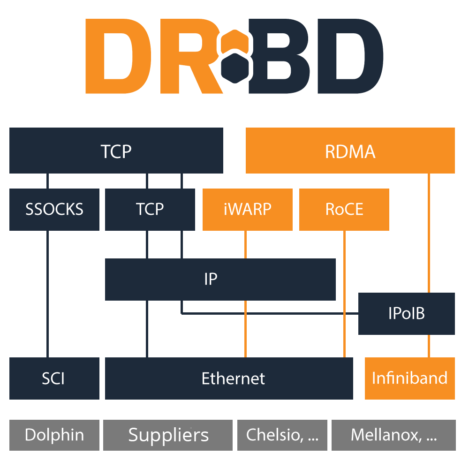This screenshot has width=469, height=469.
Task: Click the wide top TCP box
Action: point(116,151)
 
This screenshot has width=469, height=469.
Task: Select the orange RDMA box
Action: point(350,151)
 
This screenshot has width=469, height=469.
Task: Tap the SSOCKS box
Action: point(54,209)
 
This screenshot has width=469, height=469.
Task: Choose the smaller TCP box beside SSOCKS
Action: point(150,209)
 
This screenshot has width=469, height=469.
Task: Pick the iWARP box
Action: point(247,209)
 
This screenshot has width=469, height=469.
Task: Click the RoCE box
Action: point(344,209)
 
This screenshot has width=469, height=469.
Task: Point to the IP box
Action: point(220,280)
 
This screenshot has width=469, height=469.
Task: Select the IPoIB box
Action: point(407,313)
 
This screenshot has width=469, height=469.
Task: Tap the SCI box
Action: point(54,378)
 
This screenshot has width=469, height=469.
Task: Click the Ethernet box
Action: point(229,378)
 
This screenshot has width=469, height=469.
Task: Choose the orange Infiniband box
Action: point(410,378)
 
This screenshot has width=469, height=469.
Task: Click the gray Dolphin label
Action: point(54,435)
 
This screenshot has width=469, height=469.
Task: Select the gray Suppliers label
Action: point(168,435)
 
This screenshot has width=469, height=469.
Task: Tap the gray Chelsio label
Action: point(282,435)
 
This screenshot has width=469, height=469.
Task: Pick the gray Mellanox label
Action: point(393,435)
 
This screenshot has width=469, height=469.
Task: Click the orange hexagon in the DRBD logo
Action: point(235,42)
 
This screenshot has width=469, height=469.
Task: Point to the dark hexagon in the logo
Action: point(235,68)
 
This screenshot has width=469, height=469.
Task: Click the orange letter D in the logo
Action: point(119,56)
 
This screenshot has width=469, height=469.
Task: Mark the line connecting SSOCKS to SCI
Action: point(47,294)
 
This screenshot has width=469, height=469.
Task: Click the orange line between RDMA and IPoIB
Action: point(429,233)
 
